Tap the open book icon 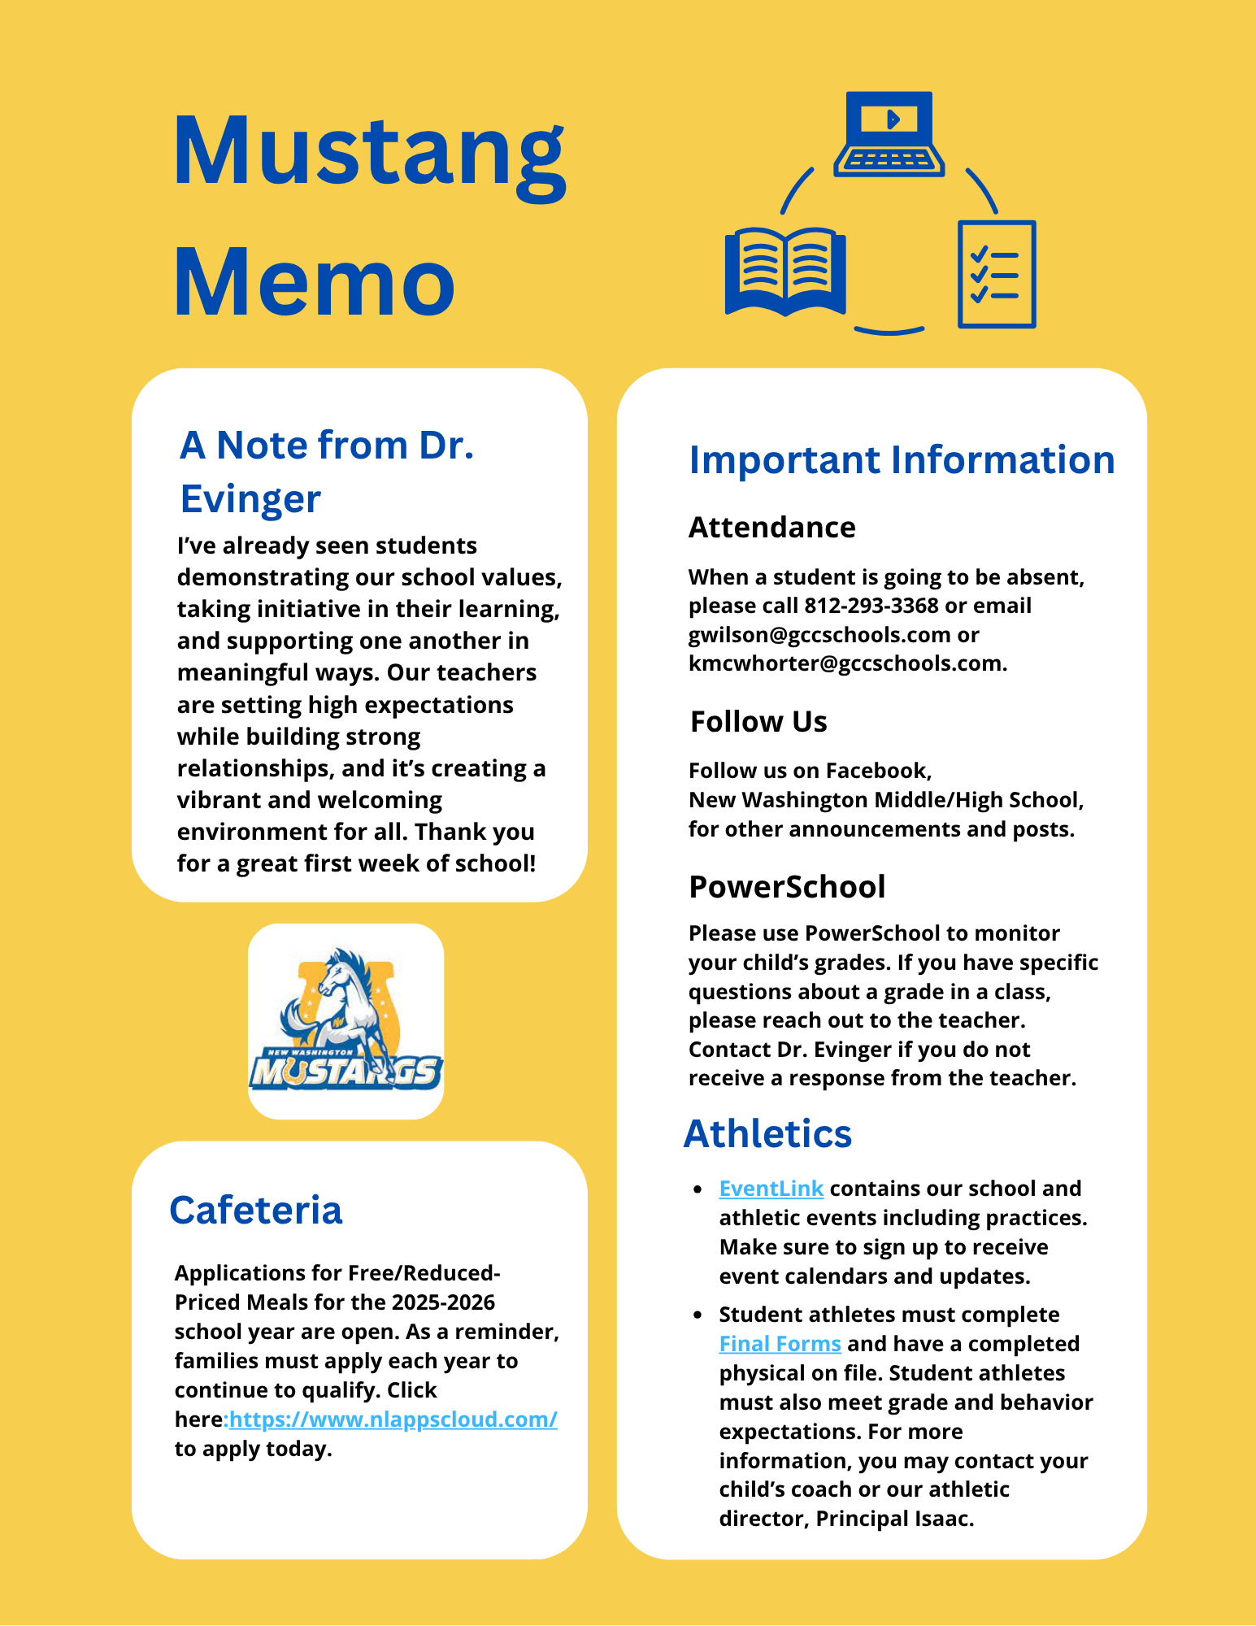[785, 272]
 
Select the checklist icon [997, 274]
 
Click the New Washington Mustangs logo [346, 1021]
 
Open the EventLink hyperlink [771, 1189]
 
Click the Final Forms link [780, 1344]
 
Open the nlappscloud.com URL [393, 1419]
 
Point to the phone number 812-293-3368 [871, 606]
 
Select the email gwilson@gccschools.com [819, 635]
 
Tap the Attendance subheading [772, 528]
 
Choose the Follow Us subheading [758, 722]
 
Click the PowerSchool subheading [787, 887]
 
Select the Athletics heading [767, 1134]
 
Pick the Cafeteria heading [256, 1211]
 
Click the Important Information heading [902, 460]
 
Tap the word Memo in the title [314, 282]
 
